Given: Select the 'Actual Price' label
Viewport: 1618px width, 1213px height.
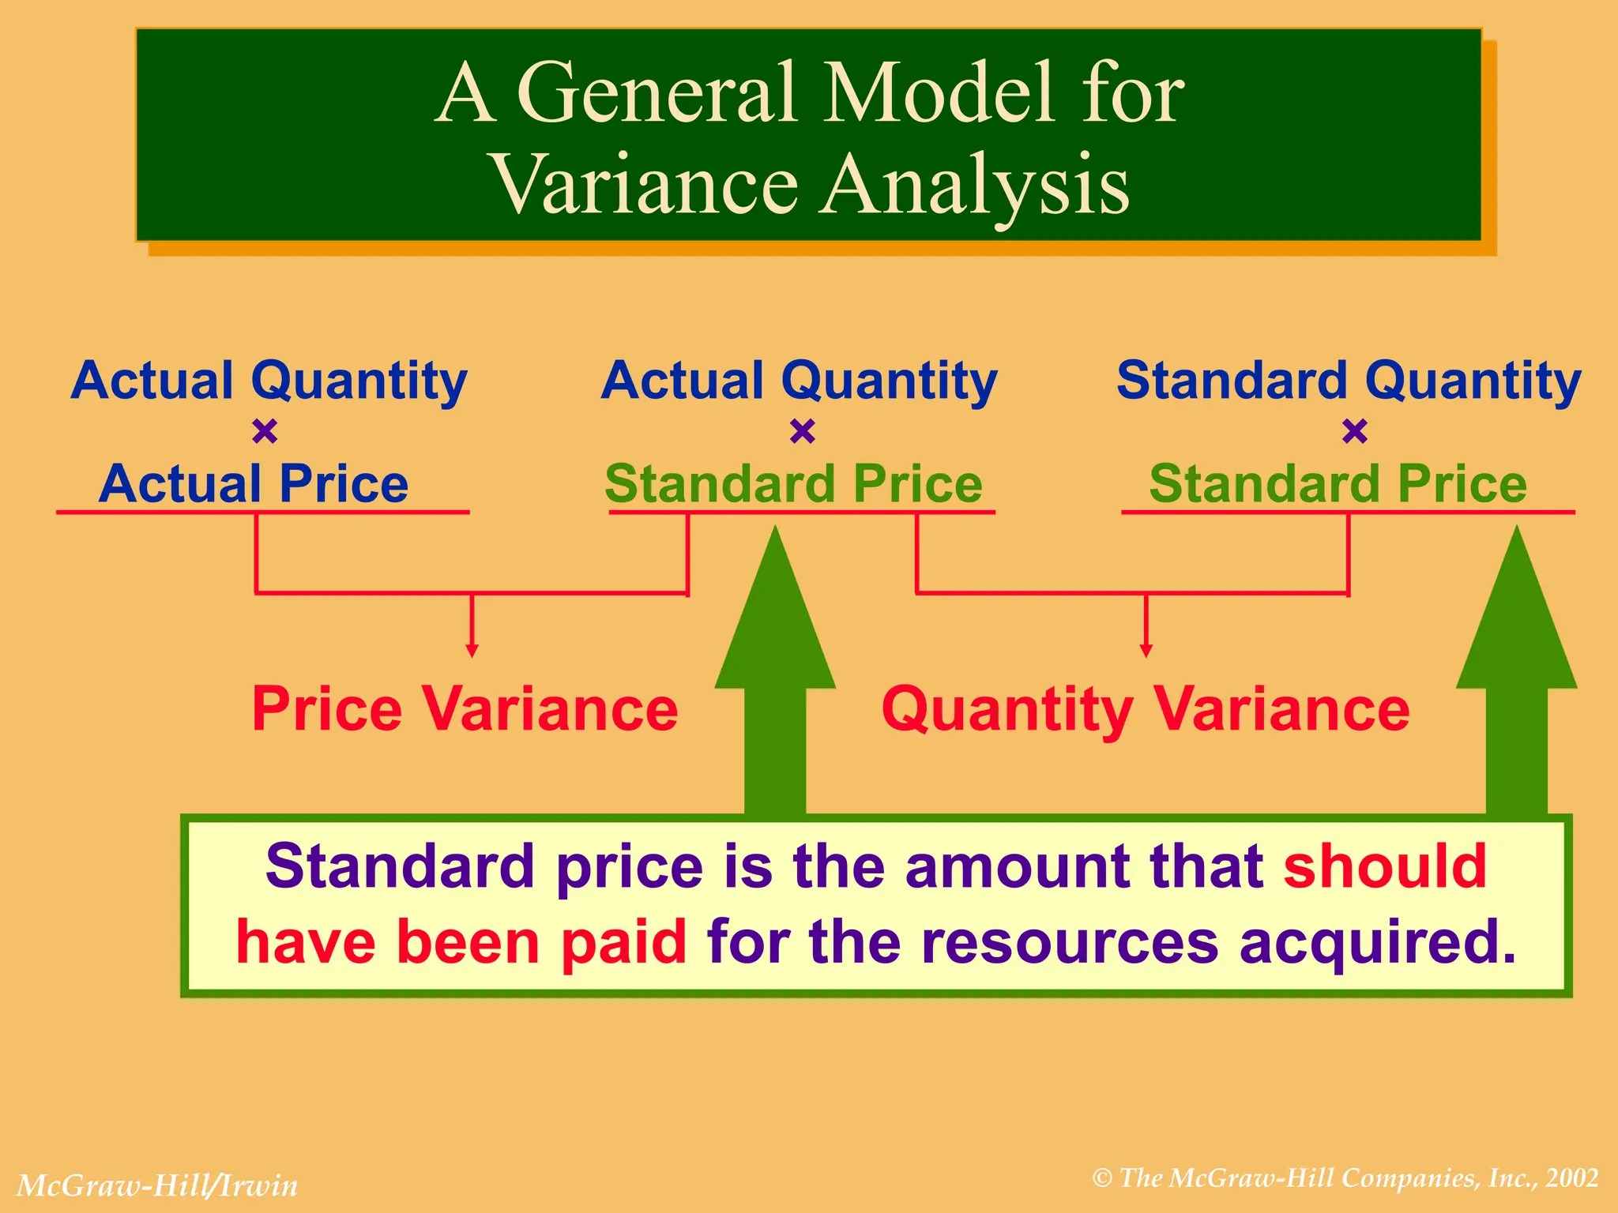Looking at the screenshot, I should [x=254, y=483].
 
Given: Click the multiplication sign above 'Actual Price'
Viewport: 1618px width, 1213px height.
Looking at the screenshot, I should [x=265, y=431].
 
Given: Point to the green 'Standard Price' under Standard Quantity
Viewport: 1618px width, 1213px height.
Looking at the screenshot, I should [x=1338, y=483].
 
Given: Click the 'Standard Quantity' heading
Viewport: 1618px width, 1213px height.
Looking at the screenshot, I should [x=1348, y=380].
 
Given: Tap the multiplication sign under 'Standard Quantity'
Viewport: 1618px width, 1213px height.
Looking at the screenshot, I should [x=1354, y=431].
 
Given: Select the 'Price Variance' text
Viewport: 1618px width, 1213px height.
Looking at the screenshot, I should [x=465, y=708].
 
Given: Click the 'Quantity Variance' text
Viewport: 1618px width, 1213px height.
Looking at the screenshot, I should [x=1145, y=708].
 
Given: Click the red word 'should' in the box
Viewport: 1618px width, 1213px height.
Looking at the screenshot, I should [x=1385, y=866].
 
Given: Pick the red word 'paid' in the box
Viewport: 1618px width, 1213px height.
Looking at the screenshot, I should [x=623, y=942].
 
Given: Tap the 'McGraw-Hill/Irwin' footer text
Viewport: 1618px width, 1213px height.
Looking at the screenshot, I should [x=157, y=1185].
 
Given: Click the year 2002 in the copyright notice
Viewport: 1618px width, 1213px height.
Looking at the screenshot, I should [x=1572, y=1177].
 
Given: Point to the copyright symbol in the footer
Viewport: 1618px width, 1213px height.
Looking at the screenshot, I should [x=1102, y=1178].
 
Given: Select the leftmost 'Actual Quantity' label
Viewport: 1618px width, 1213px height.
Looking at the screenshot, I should [x=269, y=380].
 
